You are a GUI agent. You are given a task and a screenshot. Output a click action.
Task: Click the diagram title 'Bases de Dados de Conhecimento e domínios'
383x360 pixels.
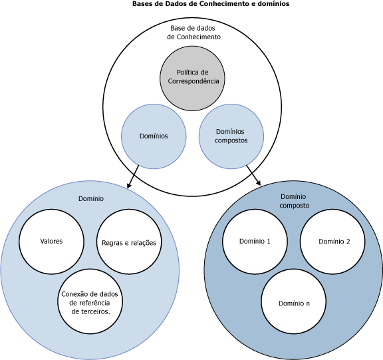pyautogui.click(x=211, y=4)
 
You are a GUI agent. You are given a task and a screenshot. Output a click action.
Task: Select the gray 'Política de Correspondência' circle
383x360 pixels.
pyautogui.click(x=192, y=79)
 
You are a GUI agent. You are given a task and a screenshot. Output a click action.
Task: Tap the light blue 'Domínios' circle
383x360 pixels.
pyautogui.click(x=154, y=136)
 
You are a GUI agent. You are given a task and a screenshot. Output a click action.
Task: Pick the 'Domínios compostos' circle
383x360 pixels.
pyautogui.click(x=231, y=136)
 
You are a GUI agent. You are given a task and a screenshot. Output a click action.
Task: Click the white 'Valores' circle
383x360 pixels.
pyautogui.click(x=52, y=242)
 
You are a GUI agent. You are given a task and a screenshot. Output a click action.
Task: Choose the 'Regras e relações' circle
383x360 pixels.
pyautogui.click(x=129, y=242)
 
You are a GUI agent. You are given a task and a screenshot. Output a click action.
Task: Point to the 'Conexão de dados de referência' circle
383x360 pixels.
pyautogui.click(x=90, y=301)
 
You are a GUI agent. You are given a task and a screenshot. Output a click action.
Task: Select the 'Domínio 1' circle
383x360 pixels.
pyautogui.click(x=255, y=242)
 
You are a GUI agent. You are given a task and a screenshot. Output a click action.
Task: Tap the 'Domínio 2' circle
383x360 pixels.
pyautogui.click(x=332, y=242)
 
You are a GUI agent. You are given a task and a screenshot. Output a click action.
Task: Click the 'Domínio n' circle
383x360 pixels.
pyautogui.click(x=294, y=301)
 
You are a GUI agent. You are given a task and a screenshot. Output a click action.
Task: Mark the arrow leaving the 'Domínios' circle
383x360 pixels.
pyautogui.click(x=133, y=177)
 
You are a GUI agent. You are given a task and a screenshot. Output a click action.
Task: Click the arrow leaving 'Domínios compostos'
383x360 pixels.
pyautogui.click(x=253, y=175)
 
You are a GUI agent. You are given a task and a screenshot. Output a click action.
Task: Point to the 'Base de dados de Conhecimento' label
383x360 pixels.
pyautogui.click(x=193, y=33)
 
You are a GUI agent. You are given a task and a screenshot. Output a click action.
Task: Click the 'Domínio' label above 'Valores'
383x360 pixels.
pyautogui.click(x=91, y=199)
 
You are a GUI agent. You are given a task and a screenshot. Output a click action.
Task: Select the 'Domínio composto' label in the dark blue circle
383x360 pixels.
pyautogui.click(x=294, y=201)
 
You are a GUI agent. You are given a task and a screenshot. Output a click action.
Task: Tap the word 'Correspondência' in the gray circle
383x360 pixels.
pyautogui.click(x=193, y=81)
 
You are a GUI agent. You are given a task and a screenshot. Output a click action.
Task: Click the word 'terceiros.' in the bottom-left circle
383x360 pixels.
pyautogui.click(x=90, y=312)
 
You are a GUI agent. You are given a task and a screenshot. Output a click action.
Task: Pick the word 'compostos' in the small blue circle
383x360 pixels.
pyautogui.click(x=231, y=141)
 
